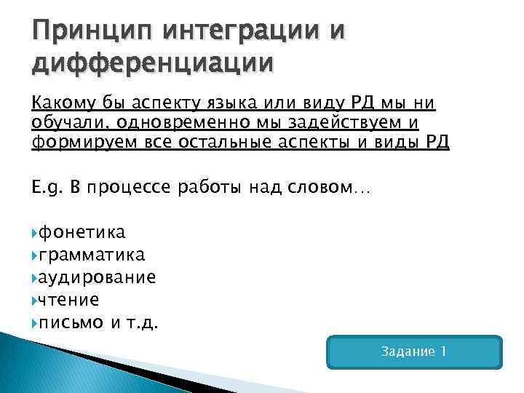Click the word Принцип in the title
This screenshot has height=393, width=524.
click(88, 32)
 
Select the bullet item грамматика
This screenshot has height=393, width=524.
click(92, 255)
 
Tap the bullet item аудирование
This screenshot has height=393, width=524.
click(97, 277)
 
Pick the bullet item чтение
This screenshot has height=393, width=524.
click(69, 300)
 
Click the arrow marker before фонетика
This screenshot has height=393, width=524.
click(34, 233)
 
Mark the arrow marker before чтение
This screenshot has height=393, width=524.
click(34, 300)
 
